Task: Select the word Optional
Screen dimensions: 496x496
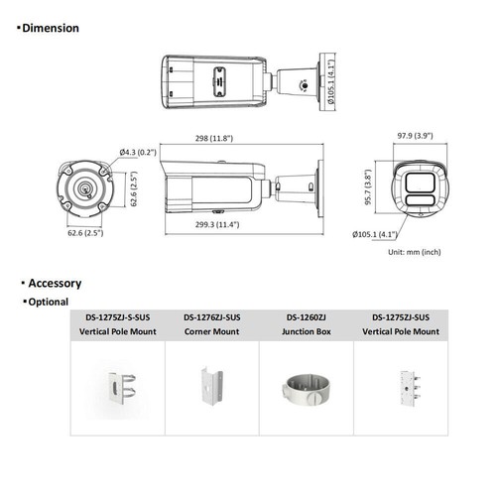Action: pos(47,302)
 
